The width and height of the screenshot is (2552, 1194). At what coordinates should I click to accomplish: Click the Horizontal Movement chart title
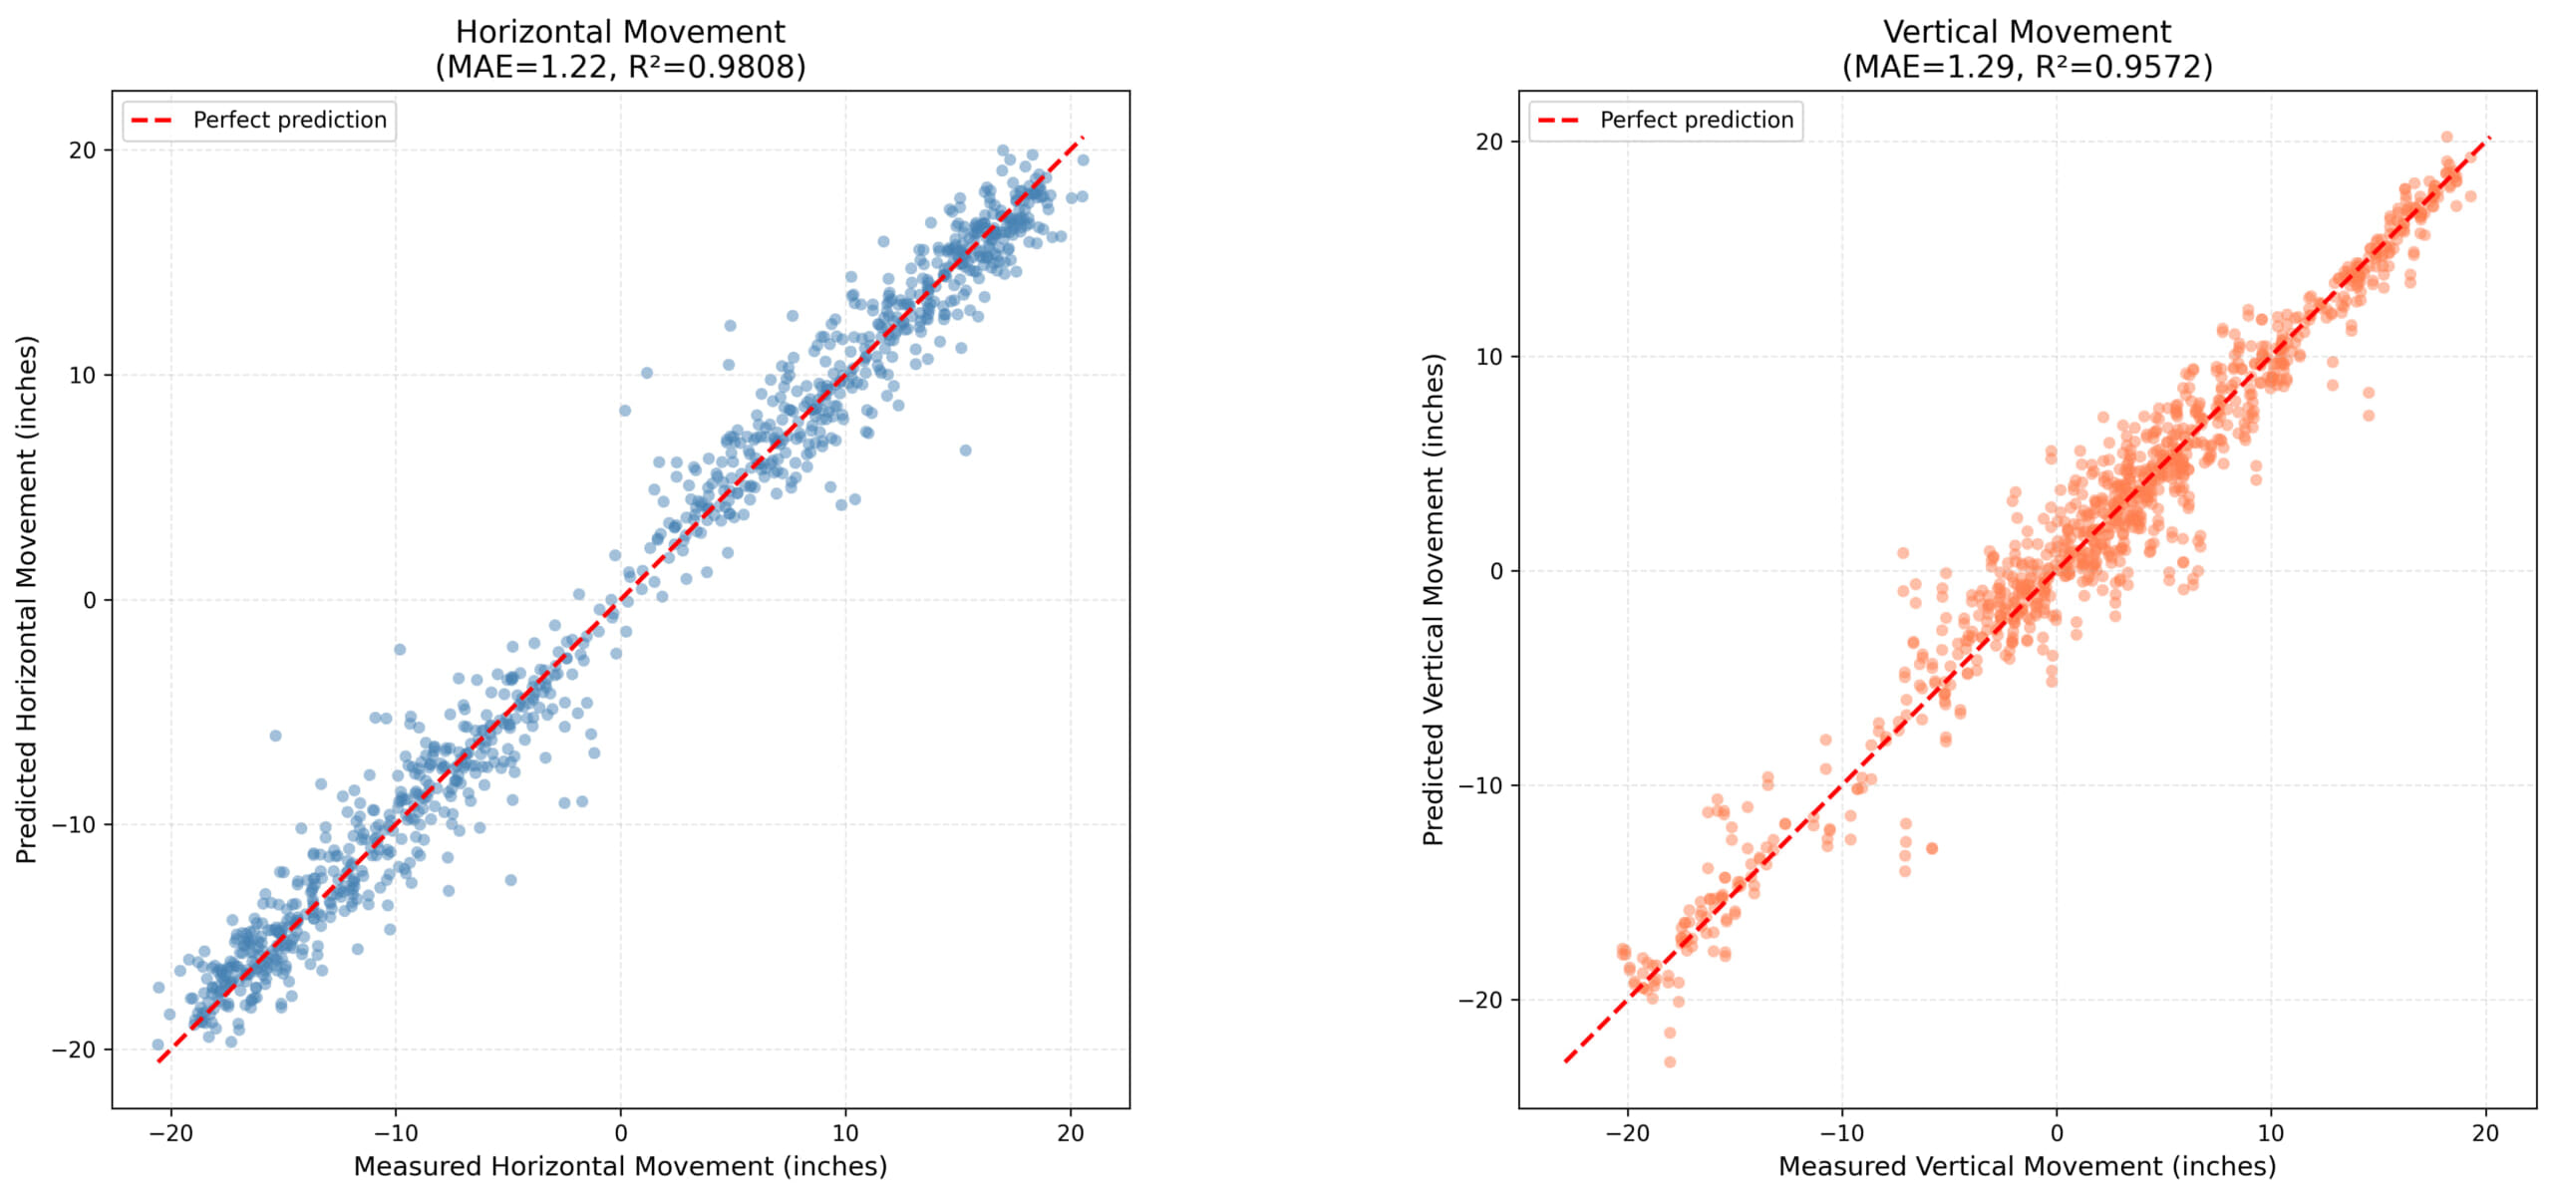click(x=620, y=32)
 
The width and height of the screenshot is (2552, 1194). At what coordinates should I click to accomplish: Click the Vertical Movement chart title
click(x=2027, y=32)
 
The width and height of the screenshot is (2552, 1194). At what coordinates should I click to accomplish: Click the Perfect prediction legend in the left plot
click(x=259, y=121)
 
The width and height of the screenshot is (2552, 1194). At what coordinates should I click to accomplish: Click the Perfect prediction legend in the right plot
click(x=1666, y=121)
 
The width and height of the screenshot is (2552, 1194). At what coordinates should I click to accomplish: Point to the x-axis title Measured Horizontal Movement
click(x=620, y=1166)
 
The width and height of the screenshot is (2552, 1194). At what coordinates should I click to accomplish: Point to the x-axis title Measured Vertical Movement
click(x=2027, y=1166)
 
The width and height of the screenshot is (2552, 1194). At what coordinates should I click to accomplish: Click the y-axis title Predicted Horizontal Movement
click(x=27, y=599)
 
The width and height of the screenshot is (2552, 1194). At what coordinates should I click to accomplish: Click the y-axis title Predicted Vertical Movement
click(x=1434, y=599)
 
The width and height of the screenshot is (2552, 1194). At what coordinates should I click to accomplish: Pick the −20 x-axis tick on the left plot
click(x=170, y=1133)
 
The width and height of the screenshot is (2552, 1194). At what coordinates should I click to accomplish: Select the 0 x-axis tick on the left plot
click(x=620, y=1133)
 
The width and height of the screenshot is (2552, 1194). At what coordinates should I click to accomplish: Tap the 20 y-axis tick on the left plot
click(x=83, y=150)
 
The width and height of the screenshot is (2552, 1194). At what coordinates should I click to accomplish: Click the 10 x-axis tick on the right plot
click(x=2270, y=1133)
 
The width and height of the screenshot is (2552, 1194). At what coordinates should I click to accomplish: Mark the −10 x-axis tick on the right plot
click(x=1841, y=1133)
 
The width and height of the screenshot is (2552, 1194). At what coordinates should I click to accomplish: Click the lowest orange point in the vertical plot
click(x=1670, y=1062)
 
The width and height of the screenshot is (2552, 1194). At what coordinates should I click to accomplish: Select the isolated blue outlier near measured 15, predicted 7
click(x=965, y=450)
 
